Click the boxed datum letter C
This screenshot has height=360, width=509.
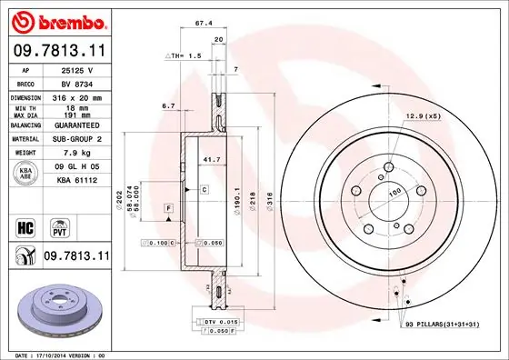tap(205, 189)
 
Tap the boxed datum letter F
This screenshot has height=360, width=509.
tap(168, 209)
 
